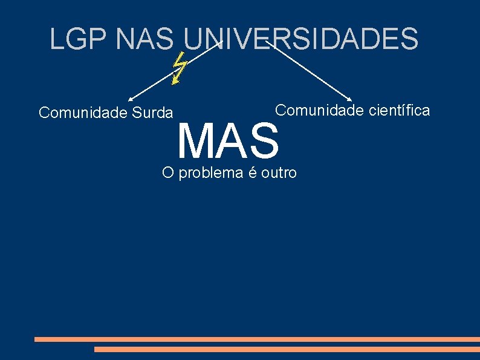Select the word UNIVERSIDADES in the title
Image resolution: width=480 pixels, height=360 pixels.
point(301,39)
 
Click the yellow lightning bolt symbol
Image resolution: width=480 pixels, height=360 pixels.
point(178,67)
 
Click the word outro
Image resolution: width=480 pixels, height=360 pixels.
point(279,173)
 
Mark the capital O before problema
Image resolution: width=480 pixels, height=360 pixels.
point(168,173)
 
